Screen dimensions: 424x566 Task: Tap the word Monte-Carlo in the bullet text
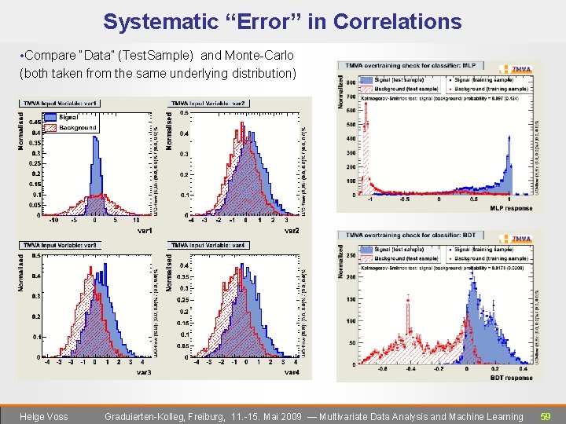[260, 56]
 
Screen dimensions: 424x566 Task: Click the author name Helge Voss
[44, 417]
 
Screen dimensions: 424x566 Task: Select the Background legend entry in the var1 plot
[77, 127]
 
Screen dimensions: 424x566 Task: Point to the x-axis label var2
[292, 231]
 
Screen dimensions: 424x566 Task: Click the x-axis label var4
[292, 373]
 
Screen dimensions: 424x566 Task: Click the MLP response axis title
[511, 208]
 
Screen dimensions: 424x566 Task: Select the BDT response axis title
[511, 378]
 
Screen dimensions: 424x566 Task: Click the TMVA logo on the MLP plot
[521, 69]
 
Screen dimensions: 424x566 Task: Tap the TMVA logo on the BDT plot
[521, 239]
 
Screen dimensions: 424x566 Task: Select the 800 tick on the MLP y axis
[350, 82]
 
